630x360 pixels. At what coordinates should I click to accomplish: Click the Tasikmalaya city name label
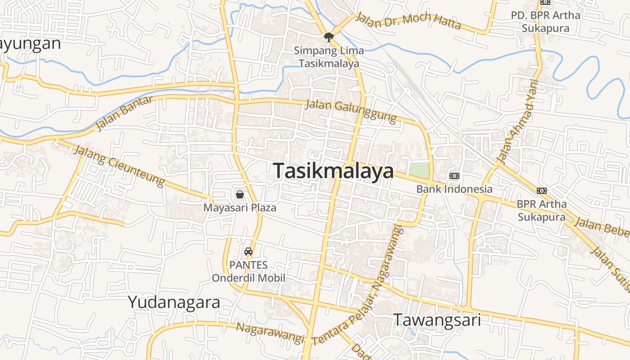coord(333,171)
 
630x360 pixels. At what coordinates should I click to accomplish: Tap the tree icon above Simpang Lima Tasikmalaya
coord(329,37)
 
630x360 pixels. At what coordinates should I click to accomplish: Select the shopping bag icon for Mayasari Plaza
coord(240,194)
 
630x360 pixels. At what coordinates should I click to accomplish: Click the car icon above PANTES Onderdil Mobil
coord(248,252)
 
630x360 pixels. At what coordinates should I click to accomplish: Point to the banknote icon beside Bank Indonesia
coord(454,175)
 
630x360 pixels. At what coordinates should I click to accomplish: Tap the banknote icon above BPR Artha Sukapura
coord(542,191)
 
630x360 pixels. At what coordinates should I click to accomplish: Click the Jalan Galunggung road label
coord(351,111)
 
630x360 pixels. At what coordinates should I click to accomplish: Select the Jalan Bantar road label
coord(124,113)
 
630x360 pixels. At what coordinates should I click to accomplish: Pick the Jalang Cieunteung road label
coord(119,165)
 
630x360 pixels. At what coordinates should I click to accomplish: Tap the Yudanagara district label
coord(174,302)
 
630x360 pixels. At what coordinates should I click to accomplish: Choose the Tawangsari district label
coord(437,320)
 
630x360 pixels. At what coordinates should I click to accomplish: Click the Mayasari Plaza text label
coord(240,208)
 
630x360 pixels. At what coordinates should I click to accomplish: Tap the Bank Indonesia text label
coord(454,189)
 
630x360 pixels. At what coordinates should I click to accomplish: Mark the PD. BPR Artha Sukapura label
coord(545,22)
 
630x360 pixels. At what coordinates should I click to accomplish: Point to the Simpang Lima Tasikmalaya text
coord(329,57)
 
